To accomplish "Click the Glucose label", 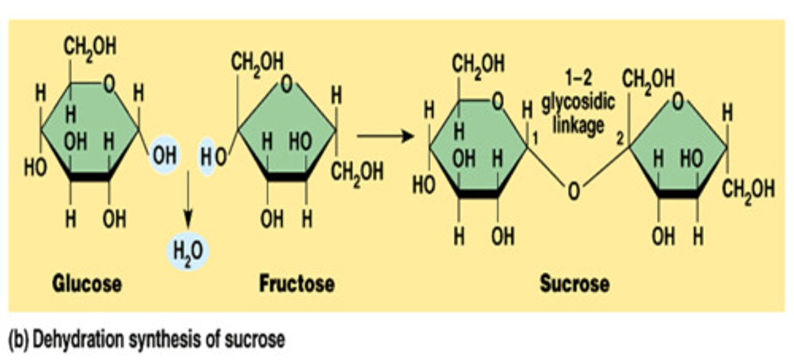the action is (87, 284).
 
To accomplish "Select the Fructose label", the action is (297, 284).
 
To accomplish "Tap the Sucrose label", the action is (574, 284).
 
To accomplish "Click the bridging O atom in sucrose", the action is (573, 192).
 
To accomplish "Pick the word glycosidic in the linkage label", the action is (578, 105).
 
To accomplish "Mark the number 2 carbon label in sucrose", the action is (620, 139).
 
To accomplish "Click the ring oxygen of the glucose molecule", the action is (110, 84).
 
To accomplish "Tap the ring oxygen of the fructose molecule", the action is (286, 84).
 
